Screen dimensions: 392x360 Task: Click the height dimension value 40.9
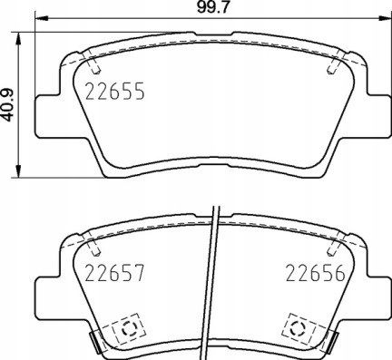click(7, 105)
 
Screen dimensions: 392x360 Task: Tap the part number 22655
click(115, 91)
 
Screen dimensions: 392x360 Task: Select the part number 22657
click(115, 273)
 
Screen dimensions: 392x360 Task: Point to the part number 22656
click(316, 273)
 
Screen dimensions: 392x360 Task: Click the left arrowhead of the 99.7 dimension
click(42, 18)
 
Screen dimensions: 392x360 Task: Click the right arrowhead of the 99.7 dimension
click(384, 18)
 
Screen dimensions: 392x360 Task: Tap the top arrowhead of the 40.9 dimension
click(19, 39)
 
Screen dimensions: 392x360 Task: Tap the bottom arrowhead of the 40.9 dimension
click(19, 171)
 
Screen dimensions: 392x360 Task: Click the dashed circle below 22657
click(128, 328)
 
